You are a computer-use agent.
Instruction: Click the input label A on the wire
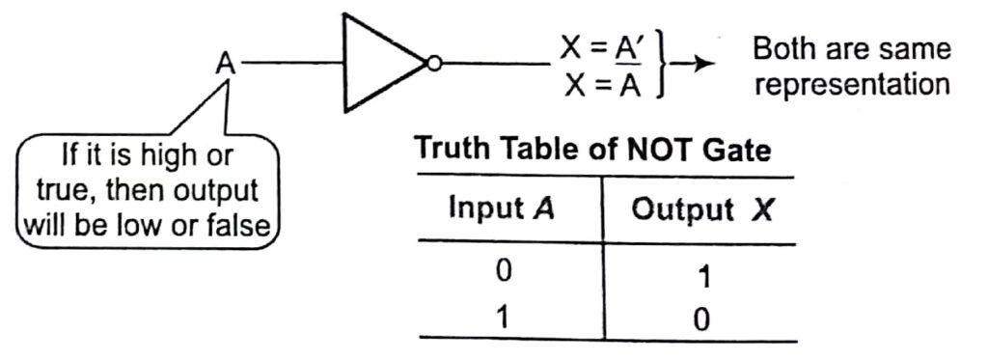[x=225, y=65]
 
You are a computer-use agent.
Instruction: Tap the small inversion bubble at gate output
[x=434, y=65]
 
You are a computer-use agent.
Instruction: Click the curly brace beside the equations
[x=664, y=65]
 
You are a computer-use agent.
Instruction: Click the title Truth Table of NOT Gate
[x=593, y=151]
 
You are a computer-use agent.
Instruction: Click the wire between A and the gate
[x=293, y=65]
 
